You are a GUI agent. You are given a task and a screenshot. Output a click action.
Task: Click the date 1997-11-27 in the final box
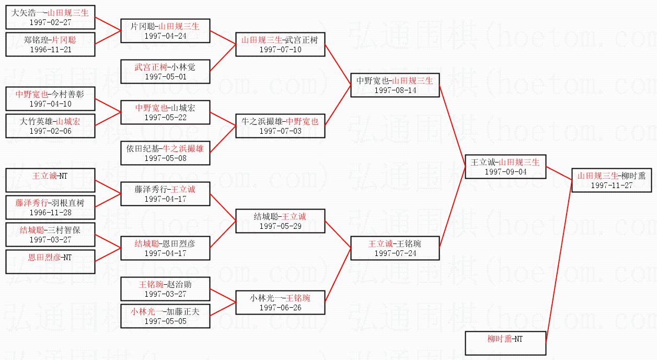tap(612, 185)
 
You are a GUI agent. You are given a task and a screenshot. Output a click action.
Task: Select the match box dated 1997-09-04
tap(505, 167)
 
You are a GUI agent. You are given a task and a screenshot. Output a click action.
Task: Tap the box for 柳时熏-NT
tap(505, 343)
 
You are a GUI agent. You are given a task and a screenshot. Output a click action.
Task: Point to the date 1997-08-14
tap(395, 90)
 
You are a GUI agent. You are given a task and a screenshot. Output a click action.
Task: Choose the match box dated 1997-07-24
tap(395, 248)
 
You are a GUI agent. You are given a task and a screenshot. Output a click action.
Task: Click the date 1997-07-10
tap(280, 50)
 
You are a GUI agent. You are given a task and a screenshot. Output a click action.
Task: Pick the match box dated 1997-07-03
tap(280, 126)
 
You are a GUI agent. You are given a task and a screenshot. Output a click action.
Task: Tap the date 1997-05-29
tap(280, 226)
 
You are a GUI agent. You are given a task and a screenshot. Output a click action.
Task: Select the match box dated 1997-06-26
tap(280, 303)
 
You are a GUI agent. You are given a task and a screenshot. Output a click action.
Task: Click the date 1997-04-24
tap(165, 36)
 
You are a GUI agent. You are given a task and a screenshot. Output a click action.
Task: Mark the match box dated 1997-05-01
tap(165, 72)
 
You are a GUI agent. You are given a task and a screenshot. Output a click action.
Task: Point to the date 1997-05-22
tap(165, 118)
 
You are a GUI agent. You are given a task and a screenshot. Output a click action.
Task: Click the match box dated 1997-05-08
tap(165, 153)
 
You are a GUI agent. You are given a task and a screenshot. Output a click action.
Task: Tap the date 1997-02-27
tap(51, 22)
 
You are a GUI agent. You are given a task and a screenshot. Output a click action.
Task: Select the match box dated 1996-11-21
tap(51, 44)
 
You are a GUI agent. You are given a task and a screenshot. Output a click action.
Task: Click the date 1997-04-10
tap(51, 104)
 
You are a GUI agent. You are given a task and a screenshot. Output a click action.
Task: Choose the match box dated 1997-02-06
tap(51, 126)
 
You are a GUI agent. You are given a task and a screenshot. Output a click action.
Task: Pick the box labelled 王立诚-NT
tap(51, 180)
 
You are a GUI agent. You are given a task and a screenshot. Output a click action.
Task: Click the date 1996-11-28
tap(51, 213)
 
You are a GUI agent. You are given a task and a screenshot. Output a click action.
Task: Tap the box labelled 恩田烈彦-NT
tap(51, 262)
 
